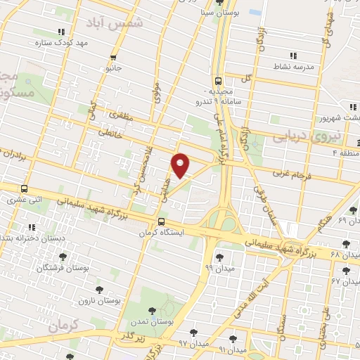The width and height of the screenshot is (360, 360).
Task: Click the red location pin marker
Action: (181, 165)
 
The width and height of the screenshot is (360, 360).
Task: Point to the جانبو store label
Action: (114, 69)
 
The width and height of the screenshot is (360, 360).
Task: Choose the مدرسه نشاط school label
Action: (292, 67)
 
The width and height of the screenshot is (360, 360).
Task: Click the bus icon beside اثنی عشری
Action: (25, 189)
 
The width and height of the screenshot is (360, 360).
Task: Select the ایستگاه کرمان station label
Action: (182, 231)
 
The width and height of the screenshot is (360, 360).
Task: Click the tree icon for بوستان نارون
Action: (98, 289)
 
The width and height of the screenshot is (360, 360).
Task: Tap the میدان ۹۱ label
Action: (233, 349)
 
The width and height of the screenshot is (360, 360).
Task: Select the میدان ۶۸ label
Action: (345, 254)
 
